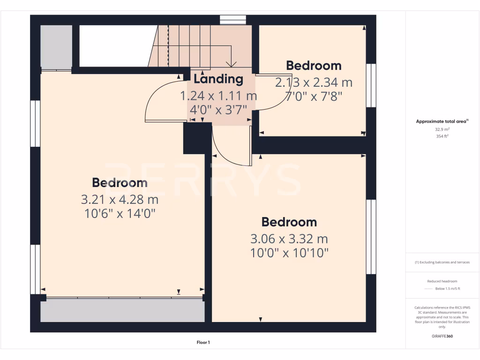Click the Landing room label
(x=218, y=79)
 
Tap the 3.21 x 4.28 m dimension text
(x=120, y=200)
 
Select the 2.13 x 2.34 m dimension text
(x=314, y=83)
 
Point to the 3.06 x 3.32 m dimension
(x=289, y=239)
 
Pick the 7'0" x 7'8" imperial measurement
(x=314, y=97)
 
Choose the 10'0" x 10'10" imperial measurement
(x=289, y=253)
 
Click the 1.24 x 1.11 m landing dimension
(x=218, y=96)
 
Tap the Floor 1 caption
(x=203, y=343)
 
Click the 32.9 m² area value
(x=442, y=129)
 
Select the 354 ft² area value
(x=442, y=136)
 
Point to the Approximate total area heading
(x=442, y=121)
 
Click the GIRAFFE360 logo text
(x=442, y=336)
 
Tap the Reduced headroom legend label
(x=442, y=281)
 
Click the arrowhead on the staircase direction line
(x=231, y=64)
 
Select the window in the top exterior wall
(x=233, y=20)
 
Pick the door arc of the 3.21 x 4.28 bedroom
(x=157, y=98)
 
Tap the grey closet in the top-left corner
(x=56, y=47)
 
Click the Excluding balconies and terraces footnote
(x=442, y=262)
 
